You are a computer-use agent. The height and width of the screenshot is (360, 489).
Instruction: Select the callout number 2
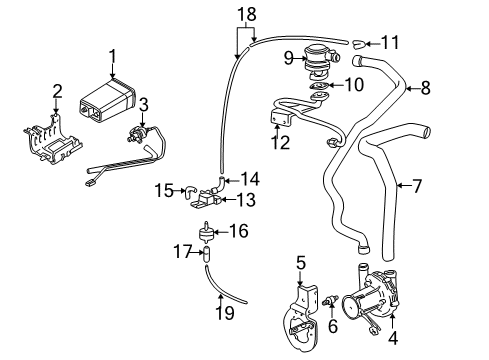coord(56,91)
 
